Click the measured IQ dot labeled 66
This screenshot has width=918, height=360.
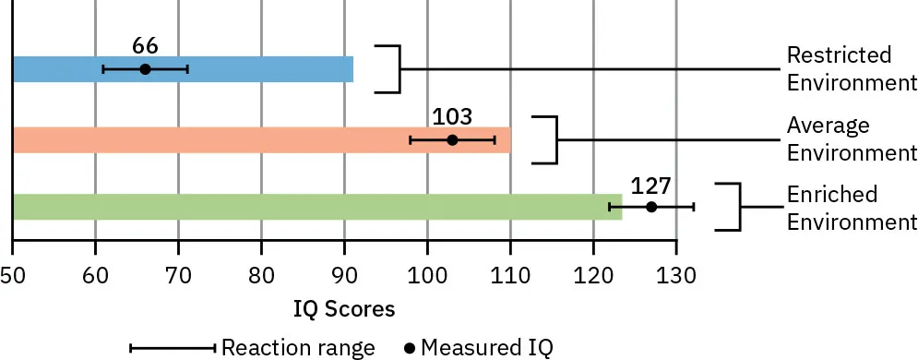(x=145, y=69)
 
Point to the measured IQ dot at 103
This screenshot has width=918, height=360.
(x=452, y=140)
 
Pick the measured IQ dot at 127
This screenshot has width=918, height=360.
(x=651, y=207)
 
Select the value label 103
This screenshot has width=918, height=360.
(x=452, y=117)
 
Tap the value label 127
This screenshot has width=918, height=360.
(x=651, y=184)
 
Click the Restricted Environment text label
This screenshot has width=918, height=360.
(x=851, y=68)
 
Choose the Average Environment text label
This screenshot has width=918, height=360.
(x=851, y=138)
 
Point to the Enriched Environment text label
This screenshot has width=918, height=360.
(x=851, y=209)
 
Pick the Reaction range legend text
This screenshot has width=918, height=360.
(x=300, y=347)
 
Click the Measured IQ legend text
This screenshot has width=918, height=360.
(x=485, y=347)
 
